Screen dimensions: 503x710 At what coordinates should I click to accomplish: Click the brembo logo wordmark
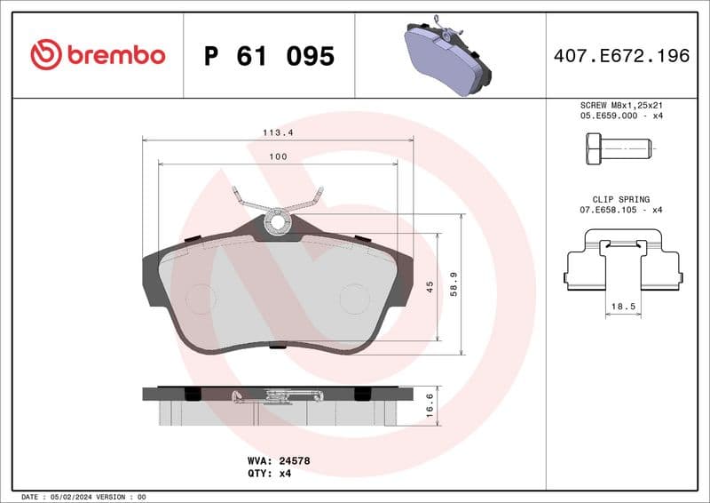98,55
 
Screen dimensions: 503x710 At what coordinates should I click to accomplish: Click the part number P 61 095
269,56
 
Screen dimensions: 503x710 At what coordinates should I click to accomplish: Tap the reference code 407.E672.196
621,56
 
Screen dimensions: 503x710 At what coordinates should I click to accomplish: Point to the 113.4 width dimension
278,132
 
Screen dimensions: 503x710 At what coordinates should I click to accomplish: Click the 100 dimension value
278,156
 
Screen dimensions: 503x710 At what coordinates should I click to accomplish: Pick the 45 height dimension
430,287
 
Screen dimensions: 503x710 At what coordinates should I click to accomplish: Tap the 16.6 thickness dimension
430,406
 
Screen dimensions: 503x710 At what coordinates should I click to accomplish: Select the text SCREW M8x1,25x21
621,105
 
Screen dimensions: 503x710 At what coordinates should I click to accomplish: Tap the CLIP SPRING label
621,199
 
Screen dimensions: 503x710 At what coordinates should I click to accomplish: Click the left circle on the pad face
201,298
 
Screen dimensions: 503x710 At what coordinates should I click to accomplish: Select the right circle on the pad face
354,298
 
